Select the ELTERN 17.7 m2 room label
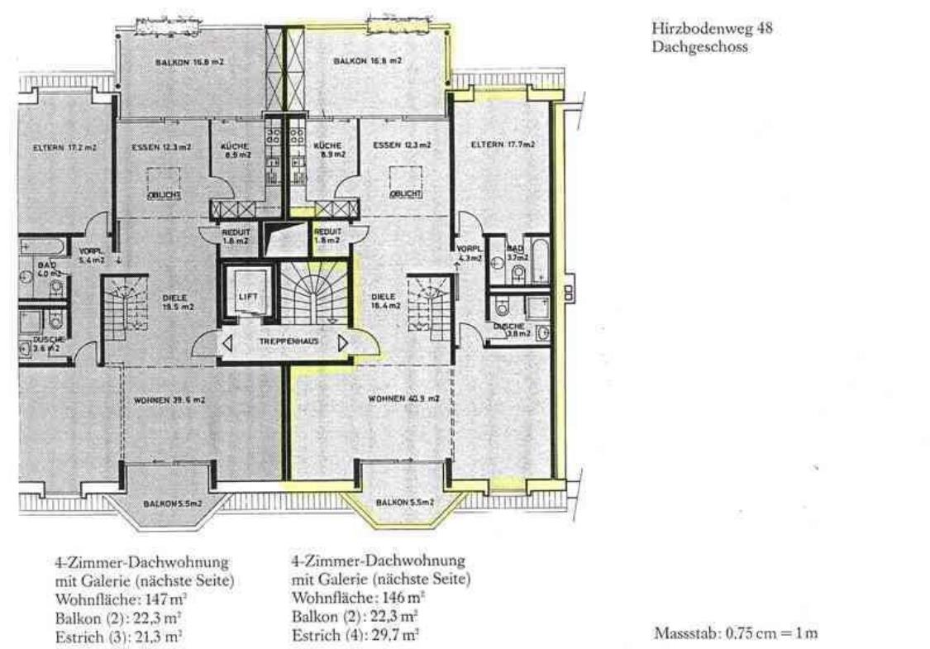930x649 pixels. [x=502, y=145]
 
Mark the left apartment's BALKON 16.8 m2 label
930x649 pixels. [x=179, y=61]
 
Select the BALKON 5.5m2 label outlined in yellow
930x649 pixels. [x=405, y=502]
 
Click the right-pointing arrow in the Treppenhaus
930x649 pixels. [x=342, y=340]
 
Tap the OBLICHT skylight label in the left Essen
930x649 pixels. [x=164, y=194]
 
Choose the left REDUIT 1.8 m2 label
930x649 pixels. [x=236, y=237]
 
